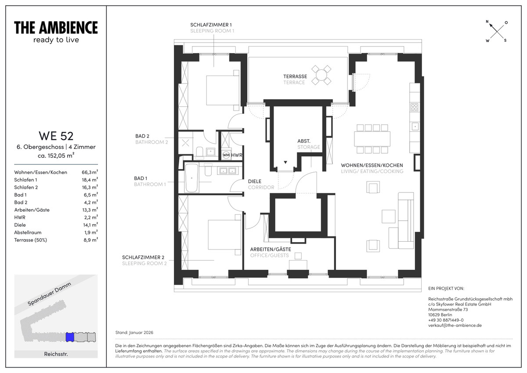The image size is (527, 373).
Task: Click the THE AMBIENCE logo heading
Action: coord(56,28)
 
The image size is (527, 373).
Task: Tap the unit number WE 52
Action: coord(56,136)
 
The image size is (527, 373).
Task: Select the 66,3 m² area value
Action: coord(90,172)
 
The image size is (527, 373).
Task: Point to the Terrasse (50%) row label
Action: coord(31,240)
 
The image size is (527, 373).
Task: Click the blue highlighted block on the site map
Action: coord(70,337)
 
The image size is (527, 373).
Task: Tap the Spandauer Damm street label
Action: coord(49,294)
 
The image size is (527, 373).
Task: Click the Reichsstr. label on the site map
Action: coord(56,354)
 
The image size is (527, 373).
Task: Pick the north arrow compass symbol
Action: coord(497,31)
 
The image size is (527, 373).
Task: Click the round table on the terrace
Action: coord(321,75)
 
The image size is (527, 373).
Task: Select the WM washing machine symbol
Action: coord(226,155)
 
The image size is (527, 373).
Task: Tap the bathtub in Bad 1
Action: coord(191,178)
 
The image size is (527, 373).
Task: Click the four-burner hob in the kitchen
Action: coord(414,107)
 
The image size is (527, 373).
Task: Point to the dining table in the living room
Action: coord(372,138)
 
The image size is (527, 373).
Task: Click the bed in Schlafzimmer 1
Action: coord(223,90)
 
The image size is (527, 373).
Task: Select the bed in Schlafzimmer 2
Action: coord(224,235)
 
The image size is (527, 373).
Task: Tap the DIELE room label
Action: coord(255,181)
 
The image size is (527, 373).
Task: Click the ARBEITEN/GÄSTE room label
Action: coord(271,249)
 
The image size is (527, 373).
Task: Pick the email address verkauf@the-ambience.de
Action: coord(455,325)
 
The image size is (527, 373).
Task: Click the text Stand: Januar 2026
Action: coord(134,332)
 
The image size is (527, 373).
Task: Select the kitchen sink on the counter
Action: coord(415,127)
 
